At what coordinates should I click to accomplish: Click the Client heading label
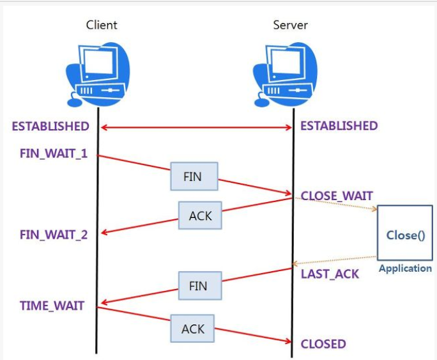(102, 25)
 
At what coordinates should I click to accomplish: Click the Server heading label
(290, 25)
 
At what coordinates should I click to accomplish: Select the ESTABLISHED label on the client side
(50, 126)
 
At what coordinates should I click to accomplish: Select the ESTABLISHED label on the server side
(339, 126)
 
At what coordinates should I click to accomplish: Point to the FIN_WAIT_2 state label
(54, 234)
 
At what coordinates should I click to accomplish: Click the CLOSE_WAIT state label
(337, 196)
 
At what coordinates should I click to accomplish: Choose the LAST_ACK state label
(330, 274)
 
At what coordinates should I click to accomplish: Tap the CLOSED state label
(323, 344)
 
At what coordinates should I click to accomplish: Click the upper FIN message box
(193, 176)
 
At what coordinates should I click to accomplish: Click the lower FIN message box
(198, 286)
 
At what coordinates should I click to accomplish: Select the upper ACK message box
(200, 216)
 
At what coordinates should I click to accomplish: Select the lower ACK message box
(192, 329)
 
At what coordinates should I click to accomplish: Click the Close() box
(405, 234)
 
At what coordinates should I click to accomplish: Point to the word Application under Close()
(405, 269)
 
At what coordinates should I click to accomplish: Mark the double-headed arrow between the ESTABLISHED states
(196, 128)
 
